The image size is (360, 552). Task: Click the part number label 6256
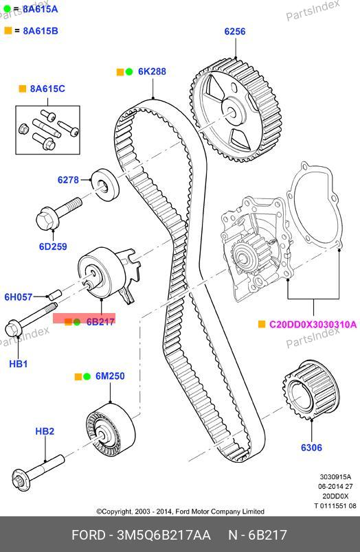pyautogui.click(x=234, y=32)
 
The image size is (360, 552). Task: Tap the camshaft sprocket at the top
pyautogui.click(x=235, y=110)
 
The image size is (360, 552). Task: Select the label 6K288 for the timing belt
pyautogui.click(x=152, y=71)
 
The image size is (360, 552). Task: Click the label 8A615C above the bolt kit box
pyautogui.click(x=47, y=89)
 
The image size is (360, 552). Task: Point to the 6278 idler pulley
pyautogui.click(x=105, y=184)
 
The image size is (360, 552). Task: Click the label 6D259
pyautogui.click(x=53, y=246)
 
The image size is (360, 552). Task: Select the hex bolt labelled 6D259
pyautogui.click(x=59, y=214)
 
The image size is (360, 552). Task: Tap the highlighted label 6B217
pyautogui.click(x=100, y=321)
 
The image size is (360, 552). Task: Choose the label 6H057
pyautogui.click(x=19, y=297)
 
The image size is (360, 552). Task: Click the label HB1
pyautogui.click(x=18, y=364)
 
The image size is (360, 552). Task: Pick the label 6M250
pyautogui.click(x=110, y=376)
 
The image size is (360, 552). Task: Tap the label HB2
pyautogui.click(x=45, y=431)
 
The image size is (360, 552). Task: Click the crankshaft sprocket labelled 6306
pyautogui.click(x=311, y=390)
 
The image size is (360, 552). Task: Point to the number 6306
pyautogui.click(x=311, y=448)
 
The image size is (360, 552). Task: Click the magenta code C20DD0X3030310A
pyautogui.click(x=313, y=324)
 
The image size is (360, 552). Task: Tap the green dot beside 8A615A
pyautogui.click(x=7, y=9)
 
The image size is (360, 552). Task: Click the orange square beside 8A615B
pyautogui.click(x=8, y=31)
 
